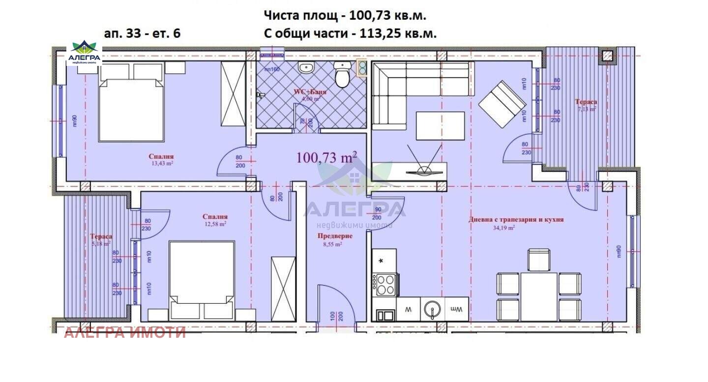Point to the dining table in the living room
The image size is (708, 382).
539,290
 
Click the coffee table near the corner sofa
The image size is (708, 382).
441,126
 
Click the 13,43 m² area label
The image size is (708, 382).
162,164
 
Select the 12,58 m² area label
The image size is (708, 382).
215,224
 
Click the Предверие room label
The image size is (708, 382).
334,236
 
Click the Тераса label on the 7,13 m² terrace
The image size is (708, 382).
586,102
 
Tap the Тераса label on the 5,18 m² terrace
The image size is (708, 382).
101,236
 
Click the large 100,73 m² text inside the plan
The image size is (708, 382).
326,157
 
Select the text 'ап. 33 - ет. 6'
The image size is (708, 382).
142,33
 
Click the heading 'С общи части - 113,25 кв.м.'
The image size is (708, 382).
350,33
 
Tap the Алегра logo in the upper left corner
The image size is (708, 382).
84,53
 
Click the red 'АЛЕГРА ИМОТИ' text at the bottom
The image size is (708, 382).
125,333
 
